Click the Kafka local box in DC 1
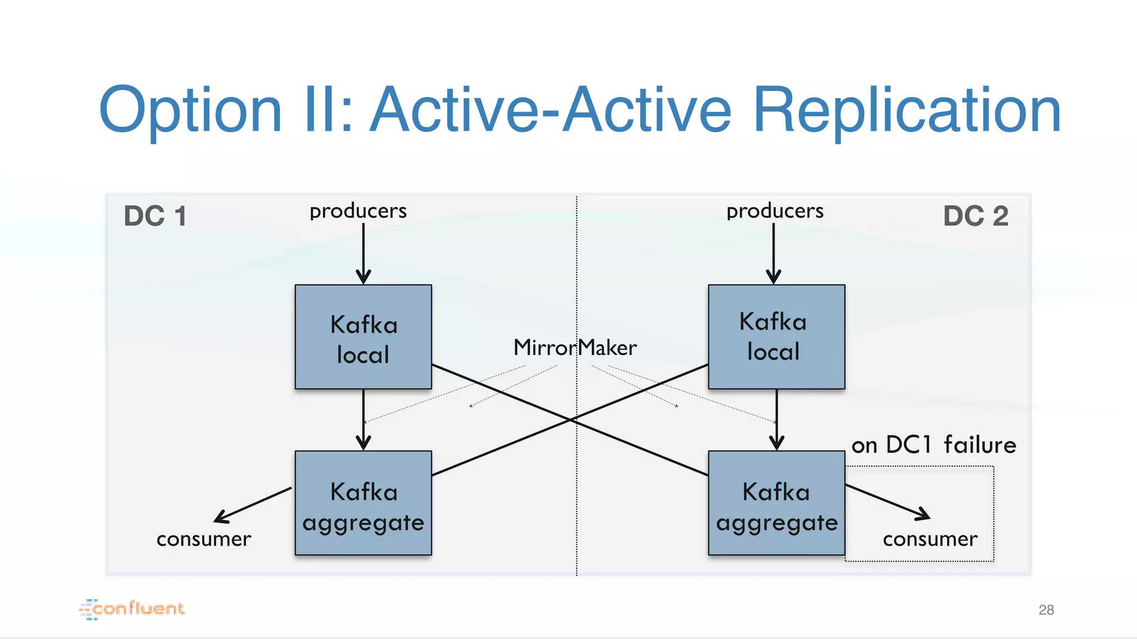363,337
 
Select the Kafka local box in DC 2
776,337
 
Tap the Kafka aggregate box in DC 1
363,503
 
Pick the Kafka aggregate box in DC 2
776,503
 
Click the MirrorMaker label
575,348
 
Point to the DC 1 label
155,216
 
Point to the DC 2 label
975,216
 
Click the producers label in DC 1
358,211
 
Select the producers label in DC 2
774,211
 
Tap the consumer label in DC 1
204,539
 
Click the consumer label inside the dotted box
930,539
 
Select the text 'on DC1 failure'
934,445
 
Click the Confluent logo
132,609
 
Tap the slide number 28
1046,610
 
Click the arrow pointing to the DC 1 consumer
253,505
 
